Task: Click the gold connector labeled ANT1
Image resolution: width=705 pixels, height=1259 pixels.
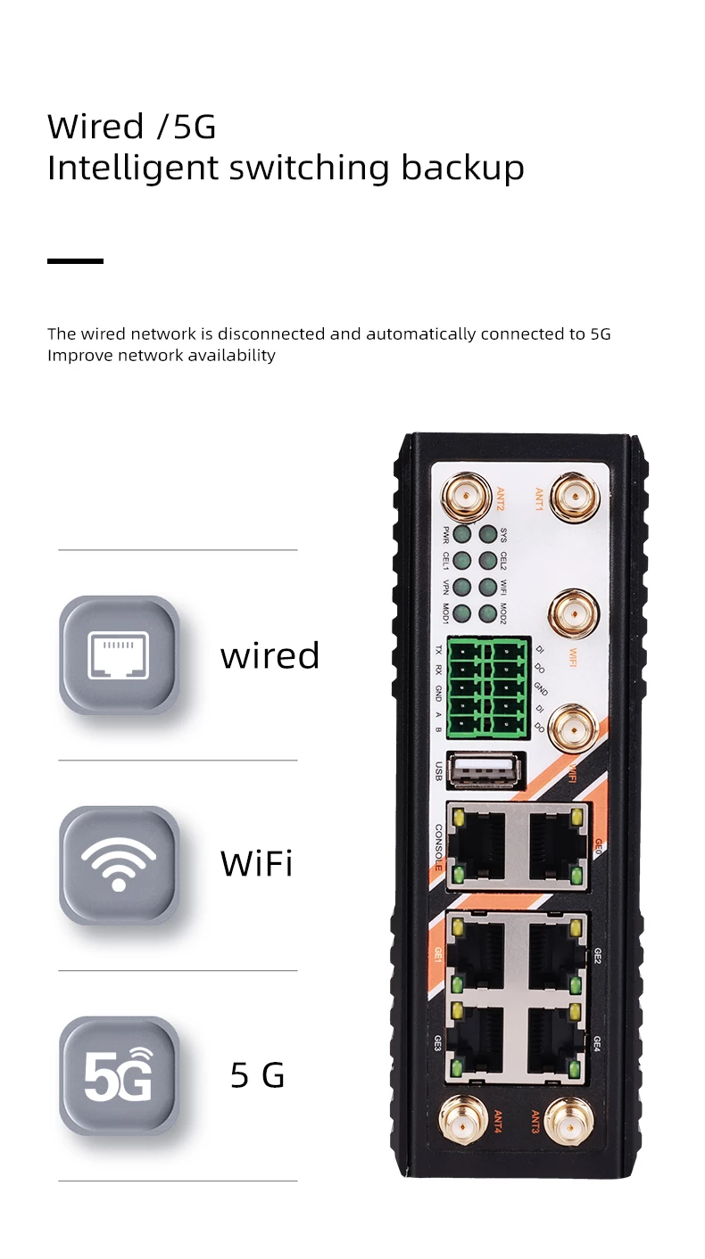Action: pyautogui.click(x=573, y=498)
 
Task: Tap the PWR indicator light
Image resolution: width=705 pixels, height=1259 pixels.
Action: pyautogui.click(x=462, y=535)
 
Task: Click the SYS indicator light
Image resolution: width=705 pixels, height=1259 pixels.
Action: pyautogui.click(x=487, y=535)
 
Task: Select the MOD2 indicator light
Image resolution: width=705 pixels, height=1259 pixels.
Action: pyautogui.click(x=487, y=613)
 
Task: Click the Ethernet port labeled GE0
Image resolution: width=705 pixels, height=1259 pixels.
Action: pyautogui.click(x=556, y=844)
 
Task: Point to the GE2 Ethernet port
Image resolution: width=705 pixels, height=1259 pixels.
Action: pyautogui.click(x=556, y=956)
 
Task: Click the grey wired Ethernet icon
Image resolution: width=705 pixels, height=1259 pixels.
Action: pyautogui.click(x=119, y=655)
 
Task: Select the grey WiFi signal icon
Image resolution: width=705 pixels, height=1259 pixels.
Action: pyautogui.click(x=119, y=865)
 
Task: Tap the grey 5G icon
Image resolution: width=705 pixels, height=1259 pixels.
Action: pyautogui.click(x=119, y=1075)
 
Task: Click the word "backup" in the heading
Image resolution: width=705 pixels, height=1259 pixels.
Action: pyautogui.click(x=462, y=169)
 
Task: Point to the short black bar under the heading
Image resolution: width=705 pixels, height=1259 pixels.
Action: pyautogui.click(x=75, y=261)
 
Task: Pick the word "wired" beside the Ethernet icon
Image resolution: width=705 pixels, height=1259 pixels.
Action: pyautogui.click(x=270, y=655)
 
